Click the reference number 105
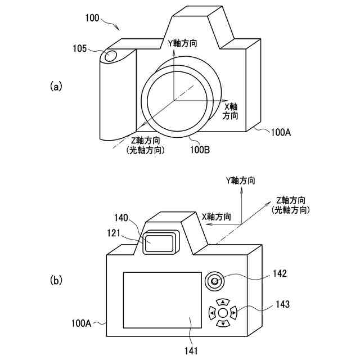coord(80,49)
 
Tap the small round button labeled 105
coord(110,56)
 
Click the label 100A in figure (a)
coord(280,133)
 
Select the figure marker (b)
coord(56,279)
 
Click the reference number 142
coord(279,274)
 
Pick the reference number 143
coord(283,304)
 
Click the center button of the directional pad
coord(223,312)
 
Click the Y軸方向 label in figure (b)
coord(240,181)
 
